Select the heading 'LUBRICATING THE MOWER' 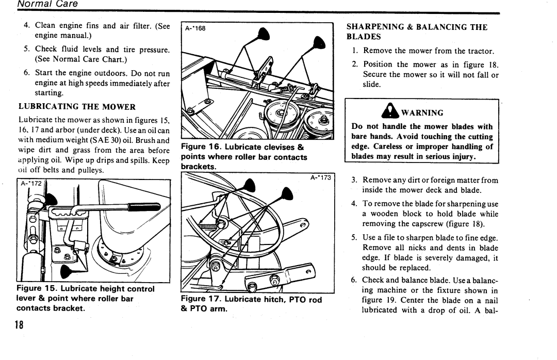(x=77, y=107)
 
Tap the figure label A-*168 (x=195, y=28)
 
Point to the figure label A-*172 (x=30, y=183)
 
